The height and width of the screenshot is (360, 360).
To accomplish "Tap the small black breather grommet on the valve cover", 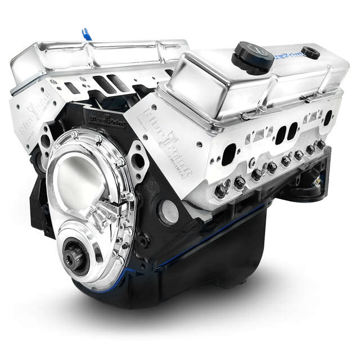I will [310, 52].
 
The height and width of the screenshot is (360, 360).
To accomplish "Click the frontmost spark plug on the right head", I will [221, 190].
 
